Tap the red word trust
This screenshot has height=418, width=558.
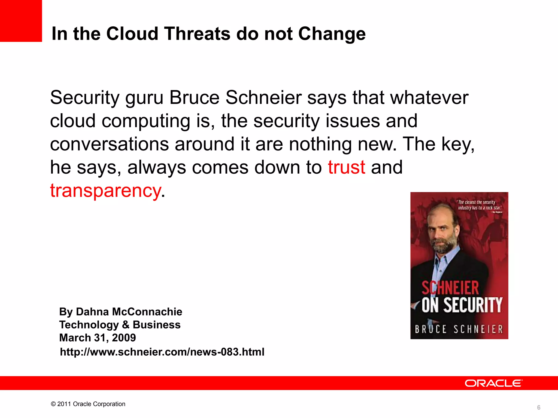(x=346, y=167)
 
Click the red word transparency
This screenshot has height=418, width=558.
(x=106, y=190)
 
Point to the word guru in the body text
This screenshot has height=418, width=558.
(x=144, y=98)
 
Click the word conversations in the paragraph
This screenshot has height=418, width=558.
(x=109, y=144)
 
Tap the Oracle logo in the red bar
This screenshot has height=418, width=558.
(x=493, y=383)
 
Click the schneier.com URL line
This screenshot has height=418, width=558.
(x=162, y=352)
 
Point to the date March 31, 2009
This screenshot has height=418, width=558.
(x=98, y=338)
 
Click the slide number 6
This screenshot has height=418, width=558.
(x=538, y=407)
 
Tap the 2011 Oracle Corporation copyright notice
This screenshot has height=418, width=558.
(x=88, y=404)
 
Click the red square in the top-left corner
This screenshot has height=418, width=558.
(x=21, y=21)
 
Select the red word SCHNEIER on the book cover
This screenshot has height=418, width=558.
(x=450, y=288)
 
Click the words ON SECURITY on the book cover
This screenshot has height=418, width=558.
(x=462, y=305)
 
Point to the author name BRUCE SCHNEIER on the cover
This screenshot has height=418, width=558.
(x=459, y=329)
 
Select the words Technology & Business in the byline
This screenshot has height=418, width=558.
(x=120, y=325)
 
